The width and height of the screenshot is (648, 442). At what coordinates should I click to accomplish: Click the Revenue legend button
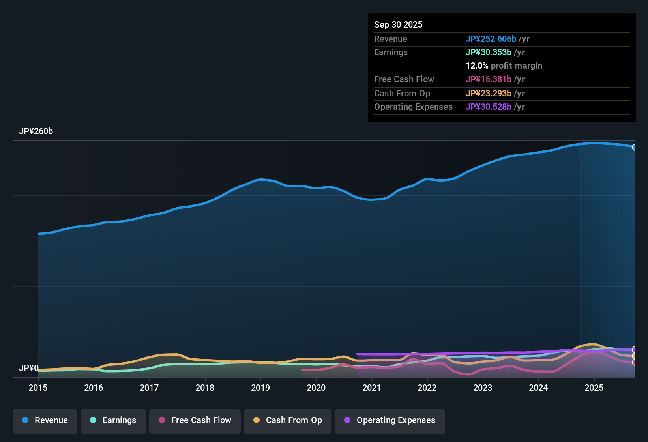coord(45,420)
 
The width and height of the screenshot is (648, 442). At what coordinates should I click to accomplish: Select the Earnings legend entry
coord(113,420)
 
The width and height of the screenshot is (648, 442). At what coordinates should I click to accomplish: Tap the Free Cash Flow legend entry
coord(195,420)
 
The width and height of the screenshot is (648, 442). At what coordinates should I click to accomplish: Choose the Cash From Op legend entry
coord(288,420)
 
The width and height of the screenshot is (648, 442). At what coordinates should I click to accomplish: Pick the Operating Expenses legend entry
coord(390,420)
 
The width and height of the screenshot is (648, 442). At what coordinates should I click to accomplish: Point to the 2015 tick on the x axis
coord(38,388)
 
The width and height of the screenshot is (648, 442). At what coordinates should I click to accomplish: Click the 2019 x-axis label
coord(260,388)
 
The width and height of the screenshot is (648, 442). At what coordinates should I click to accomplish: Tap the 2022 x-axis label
coord(427,388)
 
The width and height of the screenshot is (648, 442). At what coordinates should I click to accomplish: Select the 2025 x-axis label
coord(594,388)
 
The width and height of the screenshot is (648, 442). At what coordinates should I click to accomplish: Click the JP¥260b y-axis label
coord(36,131)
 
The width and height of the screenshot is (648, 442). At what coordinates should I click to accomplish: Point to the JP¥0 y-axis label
coord(28,368)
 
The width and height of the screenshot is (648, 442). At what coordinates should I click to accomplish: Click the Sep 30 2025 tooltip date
coord(398,24)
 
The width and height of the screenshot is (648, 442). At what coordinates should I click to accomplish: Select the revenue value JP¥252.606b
coord(491,39)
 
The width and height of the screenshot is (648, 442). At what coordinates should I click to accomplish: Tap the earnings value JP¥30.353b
coord(488,52)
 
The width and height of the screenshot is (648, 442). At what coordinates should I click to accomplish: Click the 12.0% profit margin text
coord(504,66)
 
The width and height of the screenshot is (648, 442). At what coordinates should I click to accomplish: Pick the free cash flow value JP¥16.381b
coord(488,79)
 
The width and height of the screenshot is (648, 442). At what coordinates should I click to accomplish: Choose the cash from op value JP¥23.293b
coord(488,93)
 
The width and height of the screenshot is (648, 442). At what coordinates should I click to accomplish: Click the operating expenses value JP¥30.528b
coord(488,107)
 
